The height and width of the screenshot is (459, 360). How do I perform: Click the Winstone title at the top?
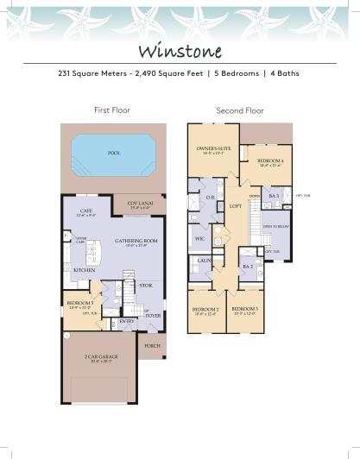[x=180, y=50]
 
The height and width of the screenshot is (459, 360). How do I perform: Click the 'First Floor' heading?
[x=111, y=110]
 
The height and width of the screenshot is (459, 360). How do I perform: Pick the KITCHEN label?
[x=84, y=270]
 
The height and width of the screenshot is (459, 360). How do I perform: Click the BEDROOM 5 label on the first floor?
[x=81, y=303]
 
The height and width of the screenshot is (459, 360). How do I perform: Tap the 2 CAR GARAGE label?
[x=103, y=356]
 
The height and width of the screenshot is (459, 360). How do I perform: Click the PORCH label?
[x=152, y=346]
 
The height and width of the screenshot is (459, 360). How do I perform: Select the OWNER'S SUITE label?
[x=212, y=149]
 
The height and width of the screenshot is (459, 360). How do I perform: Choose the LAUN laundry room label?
[x=205, y=259]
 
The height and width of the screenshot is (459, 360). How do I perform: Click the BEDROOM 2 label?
[x=205, y=309]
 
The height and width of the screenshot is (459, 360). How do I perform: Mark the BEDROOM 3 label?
[x=245, y=309]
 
